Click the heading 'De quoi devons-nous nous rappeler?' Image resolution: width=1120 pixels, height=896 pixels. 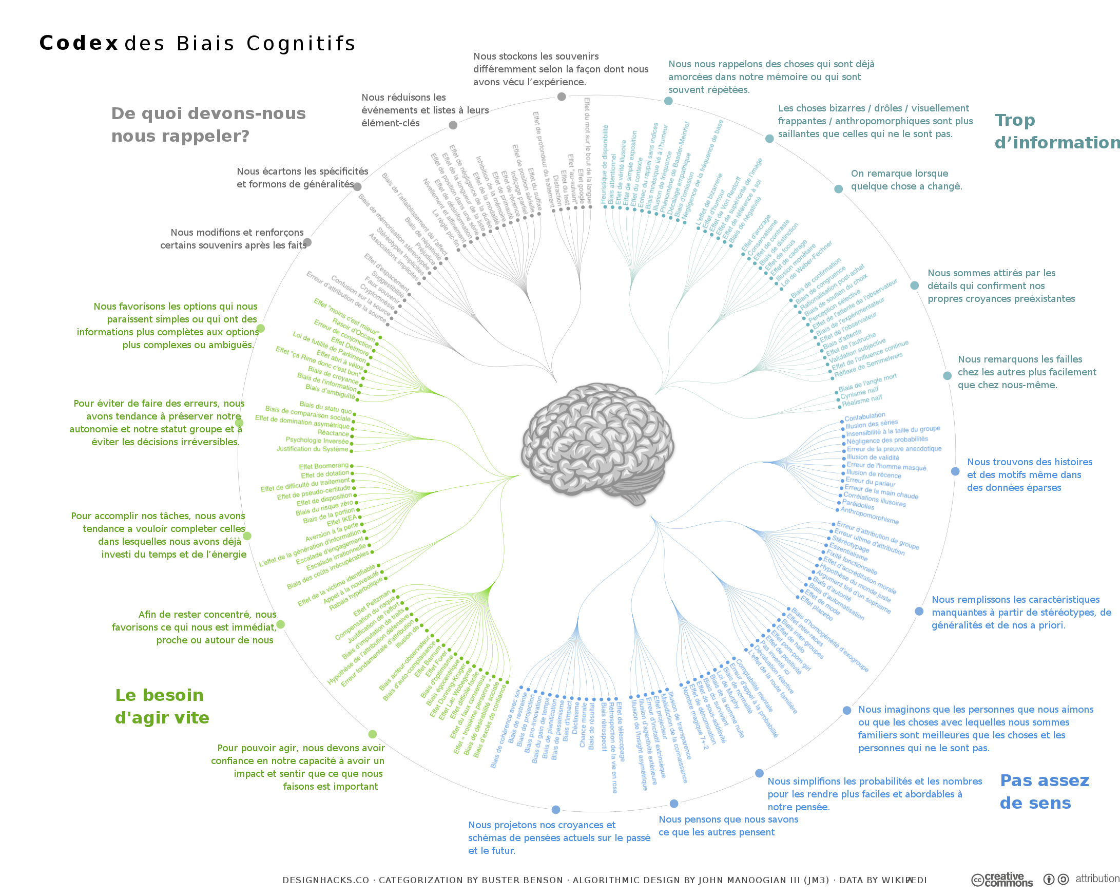click(208, 125)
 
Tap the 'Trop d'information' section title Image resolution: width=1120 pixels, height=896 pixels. click(1054, 131)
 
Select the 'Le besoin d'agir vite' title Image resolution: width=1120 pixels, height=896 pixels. click(162, 707)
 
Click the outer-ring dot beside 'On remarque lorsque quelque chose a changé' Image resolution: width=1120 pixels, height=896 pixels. click(838, 188)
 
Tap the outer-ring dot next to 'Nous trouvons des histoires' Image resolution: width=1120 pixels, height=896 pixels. click(955, 471)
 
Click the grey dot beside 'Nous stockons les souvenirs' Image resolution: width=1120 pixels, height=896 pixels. click(562, 97)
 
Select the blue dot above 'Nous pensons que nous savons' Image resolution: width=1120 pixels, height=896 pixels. click(674, 804)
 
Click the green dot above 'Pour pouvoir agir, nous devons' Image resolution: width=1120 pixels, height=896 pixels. click(372, 734)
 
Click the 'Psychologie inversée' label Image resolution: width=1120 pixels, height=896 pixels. click(316, 440)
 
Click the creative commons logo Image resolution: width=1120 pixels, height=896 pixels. click(1001, 880)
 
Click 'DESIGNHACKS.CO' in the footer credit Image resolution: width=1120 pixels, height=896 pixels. click(325, 880)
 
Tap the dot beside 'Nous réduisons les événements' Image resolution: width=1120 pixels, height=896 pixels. click(453, 125)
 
